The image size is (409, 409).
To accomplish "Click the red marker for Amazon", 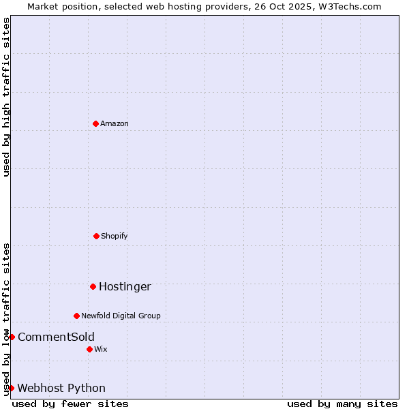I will (x=95, y=123).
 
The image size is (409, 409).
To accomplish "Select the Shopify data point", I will (x=96, y=236).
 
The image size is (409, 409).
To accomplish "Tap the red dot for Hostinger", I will (x=93, y=286).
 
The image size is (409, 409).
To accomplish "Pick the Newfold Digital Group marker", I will (x=76, y=316).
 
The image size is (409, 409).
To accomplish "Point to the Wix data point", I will (x=89, y=349).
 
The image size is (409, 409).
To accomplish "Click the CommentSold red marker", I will (x=12, y=337).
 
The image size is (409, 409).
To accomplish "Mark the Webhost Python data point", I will (x=11, y=388).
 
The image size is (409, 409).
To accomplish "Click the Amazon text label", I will (x=115, y=123).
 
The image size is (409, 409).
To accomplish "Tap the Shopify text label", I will (x=115, y=236).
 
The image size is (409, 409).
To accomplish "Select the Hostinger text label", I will (x=125, y=286).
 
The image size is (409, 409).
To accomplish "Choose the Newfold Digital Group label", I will (x=121, y=316).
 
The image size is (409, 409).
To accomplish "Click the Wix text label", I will (x=101, y=349).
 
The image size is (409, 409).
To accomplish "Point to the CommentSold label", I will (x=56, y=337).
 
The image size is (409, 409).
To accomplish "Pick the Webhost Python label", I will (x=61, y=388).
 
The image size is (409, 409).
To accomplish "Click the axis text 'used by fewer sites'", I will (x=70, y=404).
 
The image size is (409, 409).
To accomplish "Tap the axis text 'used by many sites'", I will (x=342, y=404).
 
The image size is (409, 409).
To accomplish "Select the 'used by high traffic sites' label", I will (x=6, y=97).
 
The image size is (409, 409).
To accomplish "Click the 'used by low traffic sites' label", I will (x=6, y=318).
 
